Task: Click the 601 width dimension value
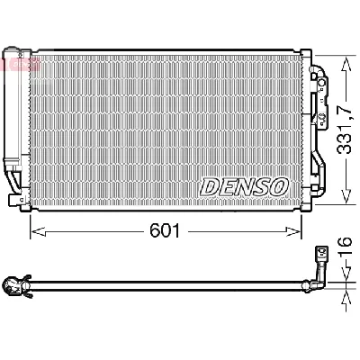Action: pos(166,231)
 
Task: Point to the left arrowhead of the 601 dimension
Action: pos(36,231)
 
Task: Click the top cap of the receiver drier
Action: pos(13,50)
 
